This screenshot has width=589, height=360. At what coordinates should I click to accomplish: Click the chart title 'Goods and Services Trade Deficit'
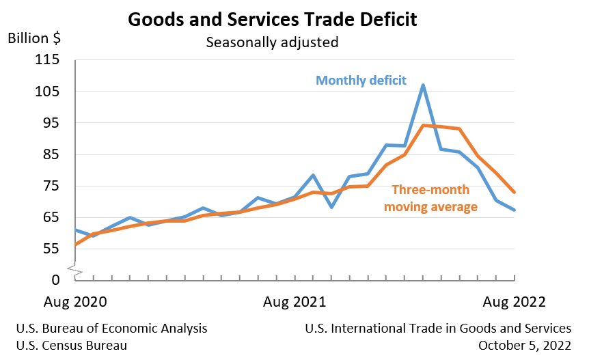(273, 19)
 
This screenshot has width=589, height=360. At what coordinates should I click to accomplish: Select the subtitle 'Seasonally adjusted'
(273, 42)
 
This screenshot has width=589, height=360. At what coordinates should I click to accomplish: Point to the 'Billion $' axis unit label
(34, 38)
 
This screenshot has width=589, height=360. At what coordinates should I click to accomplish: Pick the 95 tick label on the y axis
(50, 123)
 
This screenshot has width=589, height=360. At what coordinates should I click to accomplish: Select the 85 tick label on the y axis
(50, 154)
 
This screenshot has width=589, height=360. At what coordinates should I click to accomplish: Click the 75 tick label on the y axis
(50, 186)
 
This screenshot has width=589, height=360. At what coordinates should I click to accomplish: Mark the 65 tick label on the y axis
(50, 217)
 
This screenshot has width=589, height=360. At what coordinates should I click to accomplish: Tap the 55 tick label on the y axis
(50, 249)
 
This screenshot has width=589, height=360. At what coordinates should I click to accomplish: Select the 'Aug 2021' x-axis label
(294, 301)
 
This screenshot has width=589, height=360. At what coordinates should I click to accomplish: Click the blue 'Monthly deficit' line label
(361, 81)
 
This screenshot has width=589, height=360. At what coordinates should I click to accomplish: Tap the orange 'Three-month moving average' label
(430, 198)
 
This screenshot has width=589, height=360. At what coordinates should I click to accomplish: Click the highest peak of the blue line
(423, 85)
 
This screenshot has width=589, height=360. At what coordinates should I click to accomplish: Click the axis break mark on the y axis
(76, 272)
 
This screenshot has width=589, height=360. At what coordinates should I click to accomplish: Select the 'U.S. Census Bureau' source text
(71, 346)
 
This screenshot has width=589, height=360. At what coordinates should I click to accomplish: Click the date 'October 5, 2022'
(525, 346)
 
